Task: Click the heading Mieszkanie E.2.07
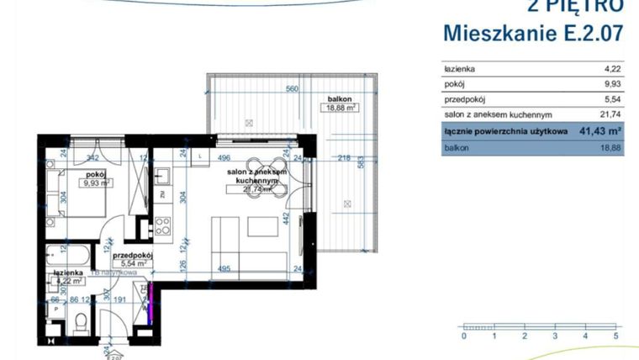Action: [x=532, y=34]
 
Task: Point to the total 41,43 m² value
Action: [x=599, y=131]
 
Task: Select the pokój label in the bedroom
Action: [x=94, y=173]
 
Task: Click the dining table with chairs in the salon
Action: [x=269, y=181]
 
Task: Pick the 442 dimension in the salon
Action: [x=286, y=218]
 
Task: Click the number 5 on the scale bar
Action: [x=616, y=336]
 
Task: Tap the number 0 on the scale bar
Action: [x=463, y=336]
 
